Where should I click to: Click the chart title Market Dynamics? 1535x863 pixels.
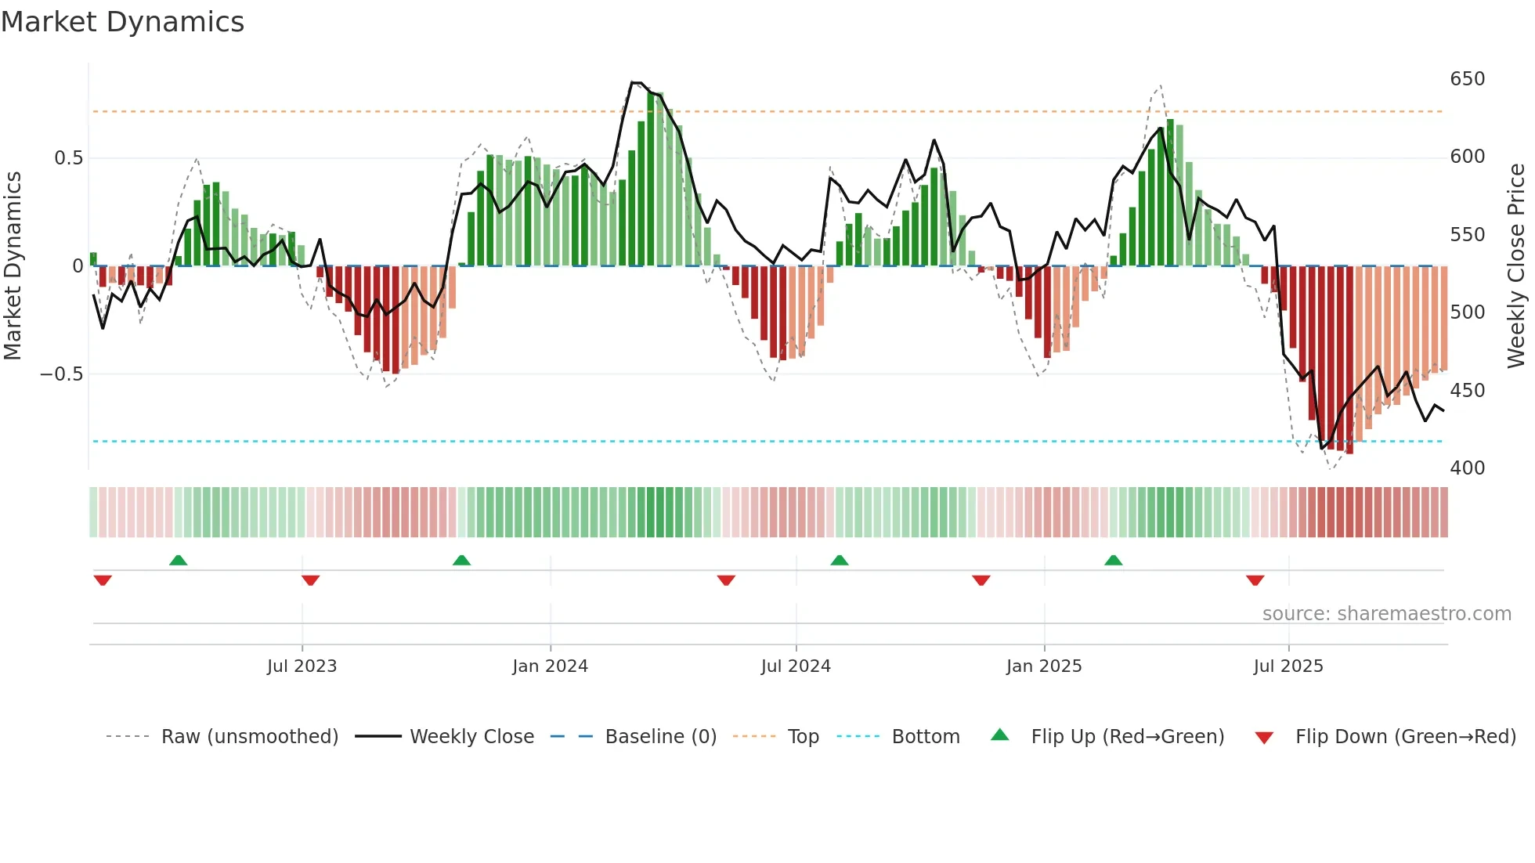click(x=122, y=22)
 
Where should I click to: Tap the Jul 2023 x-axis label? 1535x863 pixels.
click(x=302, y=666)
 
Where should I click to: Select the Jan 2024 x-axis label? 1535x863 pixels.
click(x=550, y=666)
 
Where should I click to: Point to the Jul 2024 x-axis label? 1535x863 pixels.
click(x=796, y=666)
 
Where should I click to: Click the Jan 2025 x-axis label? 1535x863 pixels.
click(x=1044, y=666)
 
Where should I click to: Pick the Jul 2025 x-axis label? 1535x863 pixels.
click(x=1288, y=666)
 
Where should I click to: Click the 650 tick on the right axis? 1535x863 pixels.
click(x=1467, y=79)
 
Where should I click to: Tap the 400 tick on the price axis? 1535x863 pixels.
click(x=1467, y=468)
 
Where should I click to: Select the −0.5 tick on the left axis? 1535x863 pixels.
click(x=62, y=374)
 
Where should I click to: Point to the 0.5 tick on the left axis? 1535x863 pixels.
click(x=68, y=158)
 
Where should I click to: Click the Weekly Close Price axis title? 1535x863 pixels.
click(x=1516, y=266)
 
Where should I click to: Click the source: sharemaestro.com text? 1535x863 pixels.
click(x=1386, y=614)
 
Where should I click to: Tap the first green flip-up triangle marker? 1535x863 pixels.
click(x=179, y=560)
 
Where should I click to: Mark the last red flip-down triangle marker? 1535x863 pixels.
click(x=1255, y=580)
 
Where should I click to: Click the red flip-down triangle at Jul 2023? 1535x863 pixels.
click(x=310, y=580)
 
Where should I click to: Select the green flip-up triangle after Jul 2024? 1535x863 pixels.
click(x=840, y=560)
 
